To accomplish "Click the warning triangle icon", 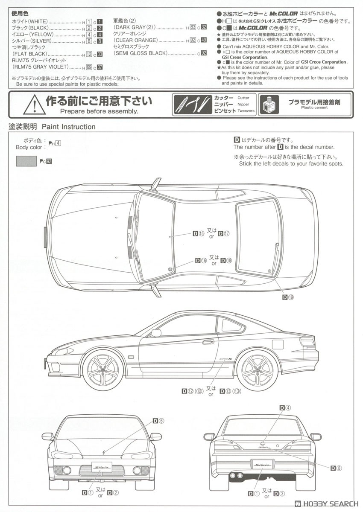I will pyautogui.click(x=34, y=105).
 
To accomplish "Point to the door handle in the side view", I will pyautogui.click(x=208, y=341).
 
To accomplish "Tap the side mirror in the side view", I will pyautogui.click(x=156, y=333).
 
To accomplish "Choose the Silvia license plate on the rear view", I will pyautogui.click(x=262, y=464).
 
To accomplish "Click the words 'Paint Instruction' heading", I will pyautogui.click(x=68, y=127).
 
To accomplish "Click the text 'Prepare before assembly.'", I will pyautogui.click(x=99, y=111).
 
